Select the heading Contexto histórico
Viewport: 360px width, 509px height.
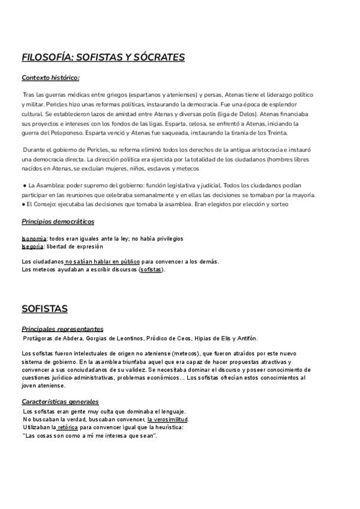[50, 77]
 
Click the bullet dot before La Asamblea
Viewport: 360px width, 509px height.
[23, 186]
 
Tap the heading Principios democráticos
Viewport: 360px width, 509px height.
[58, 221]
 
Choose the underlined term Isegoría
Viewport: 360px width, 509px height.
[32, 246]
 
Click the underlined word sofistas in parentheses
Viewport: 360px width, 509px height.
[151, 270]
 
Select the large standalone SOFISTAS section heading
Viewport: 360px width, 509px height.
[44, 309]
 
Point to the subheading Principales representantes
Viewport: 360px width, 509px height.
[62, 329]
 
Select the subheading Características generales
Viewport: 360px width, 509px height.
[60, 402]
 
